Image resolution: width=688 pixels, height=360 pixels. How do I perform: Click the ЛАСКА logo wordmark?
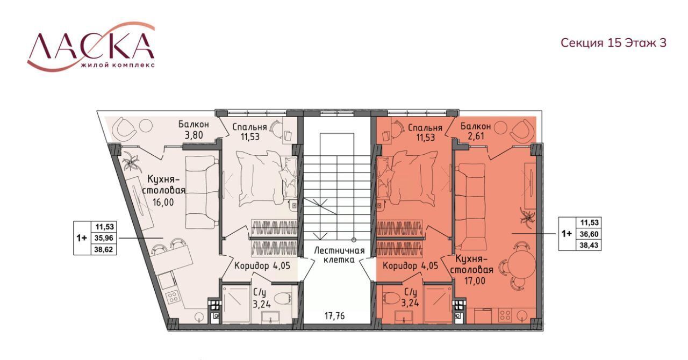pos(91,46)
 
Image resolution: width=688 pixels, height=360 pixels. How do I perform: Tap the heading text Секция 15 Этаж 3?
pos(614,42)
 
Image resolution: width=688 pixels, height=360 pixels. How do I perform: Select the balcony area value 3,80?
pos(193,135)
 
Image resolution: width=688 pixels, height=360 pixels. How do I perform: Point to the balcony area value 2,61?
pos(476,136)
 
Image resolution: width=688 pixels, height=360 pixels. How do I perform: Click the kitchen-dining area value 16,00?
pos(163,203)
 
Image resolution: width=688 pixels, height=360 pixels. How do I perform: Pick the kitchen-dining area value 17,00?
pos(475,281)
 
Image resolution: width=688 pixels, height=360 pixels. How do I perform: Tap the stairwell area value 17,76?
pos(335,315)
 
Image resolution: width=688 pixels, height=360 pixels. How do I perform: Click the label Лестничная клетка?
pos(339,255)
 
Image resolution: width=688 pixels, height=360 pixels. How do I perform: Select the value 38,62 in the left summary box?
pos(104,250)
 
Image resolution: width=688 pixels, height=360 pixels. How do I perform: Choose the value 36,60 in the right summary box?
pos(589,234)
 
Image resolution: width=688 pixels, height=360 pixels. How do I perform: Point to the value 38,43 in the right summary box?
pos(589,246)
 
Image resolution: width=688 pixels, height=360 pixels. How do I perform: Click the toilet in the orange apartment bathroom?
pos(392,299)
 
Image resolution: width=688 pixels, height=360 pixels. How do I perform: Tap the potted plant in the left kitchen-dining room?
pos(132,163)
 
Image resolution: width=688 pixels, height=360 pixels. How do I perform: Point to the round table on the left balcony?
pos(145,126)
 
